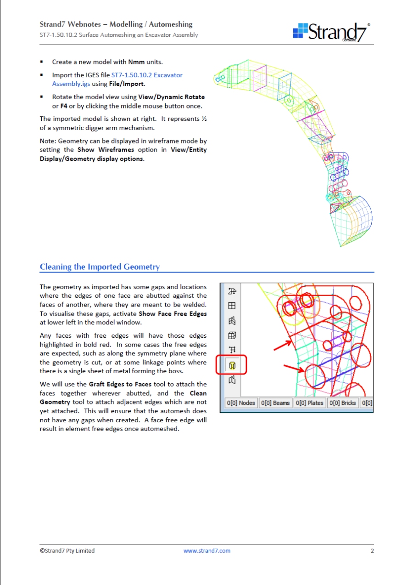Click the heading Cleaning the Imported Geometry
(100, 267)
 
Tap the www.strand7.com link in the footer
(207, 551)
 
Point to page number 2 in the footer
(372, 551)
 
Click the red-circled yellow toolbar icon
(232, 365)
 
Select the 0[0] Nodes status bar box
(241, 403)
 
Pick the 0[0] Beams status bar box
(275, 403)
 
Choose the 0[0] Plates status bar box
(309, 403)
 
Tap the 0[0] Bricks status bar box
(343, 403)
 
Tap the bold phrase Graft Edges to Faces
(120, 384)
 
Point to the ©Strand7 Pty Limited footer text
(67, 551)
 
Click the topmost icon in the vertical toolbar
(232, 290)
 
